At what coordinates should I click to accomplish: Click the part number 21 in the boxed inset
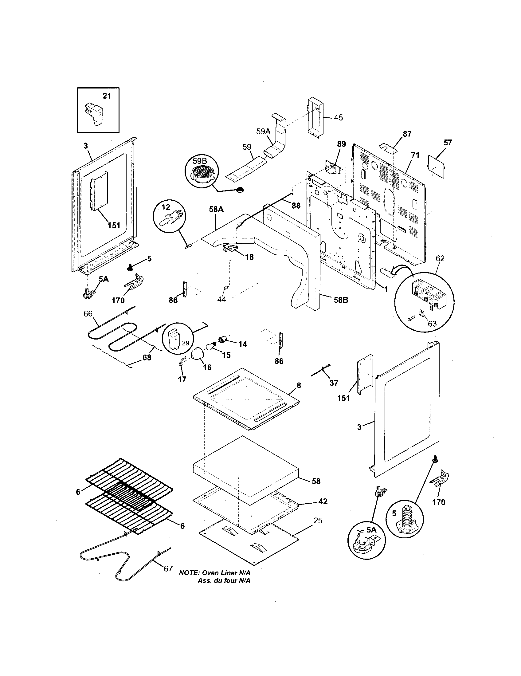pyautogui.click(x=107, y=96)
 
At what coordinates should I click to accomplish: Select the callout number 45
pyautogui.click(x=339, y=118)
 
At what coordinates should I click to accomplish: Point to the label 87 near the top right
pyautogui.click(x=407, y=134)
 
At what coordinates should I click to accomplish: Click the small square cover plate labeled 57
pyautogui.click(x=436, y=167)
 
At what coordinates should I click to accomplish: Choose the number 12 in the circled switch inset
pyautogui.click(x=166, y=206)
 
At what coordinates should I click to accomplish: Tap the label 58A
pyautogui.click(x=216, y=210)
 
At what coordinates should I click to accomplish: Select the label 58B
pyautogui.click(x=341, y=300)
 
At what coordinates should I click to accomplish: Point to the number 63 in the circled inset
pyautogui.click(x=432, y=324)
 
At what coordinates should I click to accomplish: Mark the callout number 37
pyautogui.click(x=334, y=383)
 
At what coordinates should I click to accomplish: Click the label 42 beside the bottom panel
pyautogui.click(x=323, y=501)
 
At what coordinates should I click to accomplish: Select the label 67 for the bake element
pyautogui.click(x=168, y=568)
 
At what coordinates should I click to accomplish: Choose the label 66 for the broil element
pyautogui.click(x=88, y=313)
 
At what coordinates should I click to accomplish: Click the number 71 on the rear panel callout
pyautogui.click(x=415, y=155)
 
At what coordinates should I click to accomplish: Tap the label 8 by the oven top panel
pyautogui.click(x=299, y=385)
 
